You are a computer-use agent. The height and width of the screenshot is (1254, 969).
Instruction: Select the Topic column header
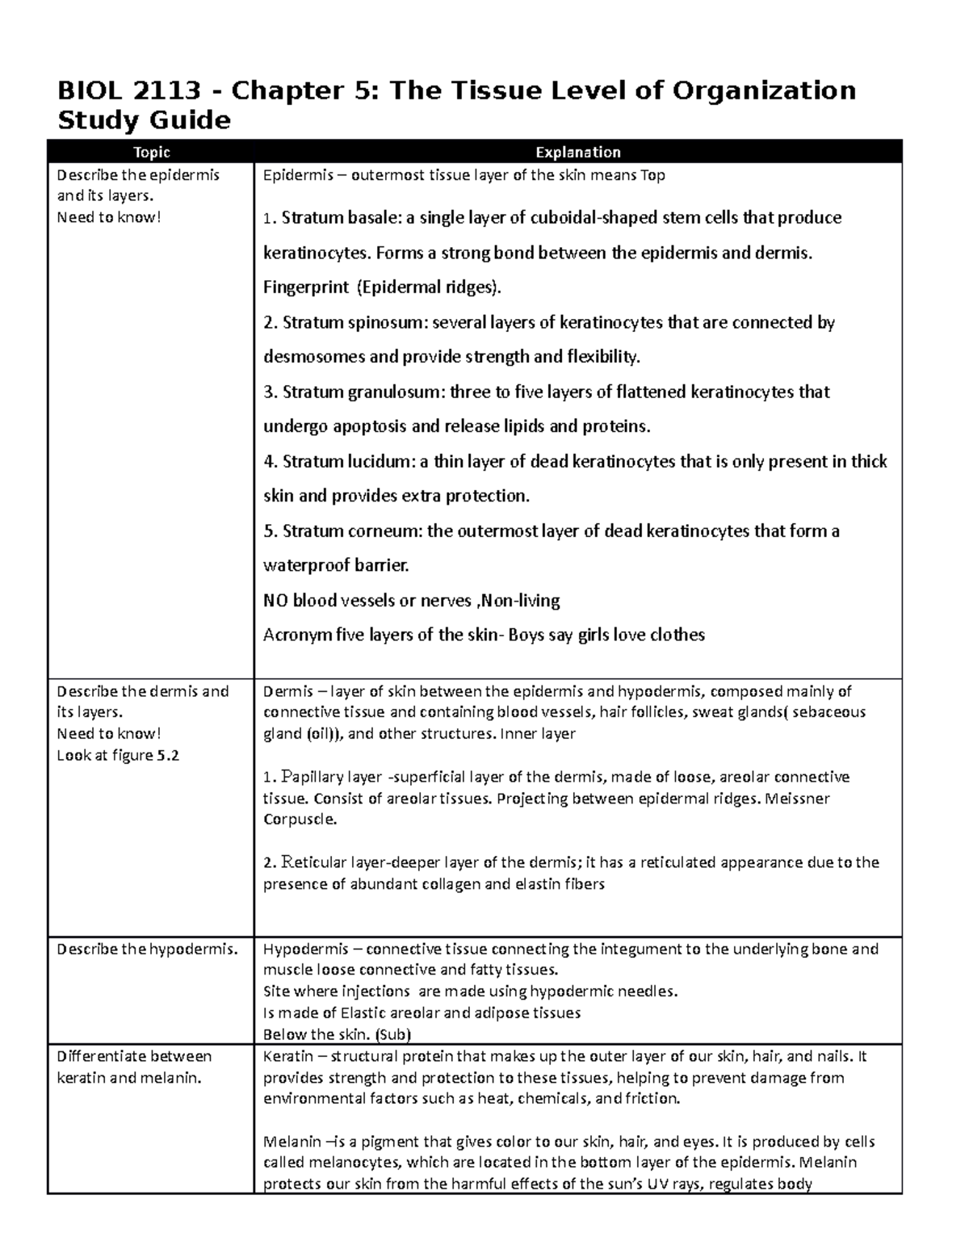tap(151, 153)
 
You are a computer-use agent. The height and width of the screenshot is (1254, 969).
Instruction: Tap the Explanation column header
tap(578, 153)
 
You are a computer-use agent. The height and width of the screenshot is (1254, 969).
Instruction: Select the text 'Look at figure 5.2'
tap(117, 756)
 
